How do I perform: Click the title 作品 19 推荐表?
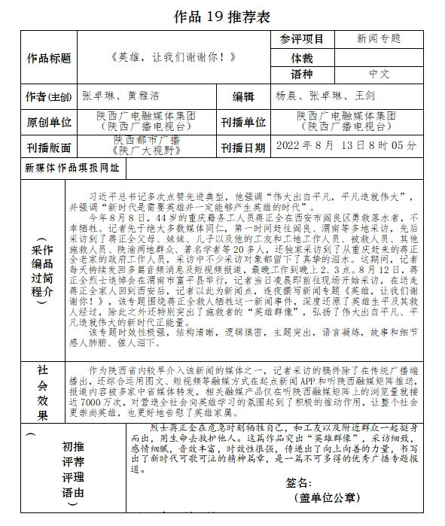tap(221, 16)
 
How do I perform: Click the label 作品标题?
tap(48, 57)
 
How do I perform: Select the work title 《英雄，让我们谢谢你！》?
tap(172, 57)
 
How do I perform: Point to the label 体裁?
tap(302, 57)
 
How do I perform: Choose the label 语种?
tap(302, 74)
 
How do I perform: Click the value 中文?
tap(379, 74)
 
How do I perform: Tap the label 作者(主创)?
tap(48, 97)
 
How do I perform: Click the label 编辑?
tap(243, 97)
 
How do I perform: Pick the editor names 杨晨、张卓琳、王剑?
tap(325, 96)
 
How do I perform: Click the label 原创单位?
tap(48, 122)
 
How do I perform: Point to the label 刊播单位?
tap(243, 122)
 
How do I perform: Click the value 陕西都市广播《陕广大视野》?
tap(148, 145)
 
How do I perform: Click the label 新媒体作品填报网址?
tap(72, 168)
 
